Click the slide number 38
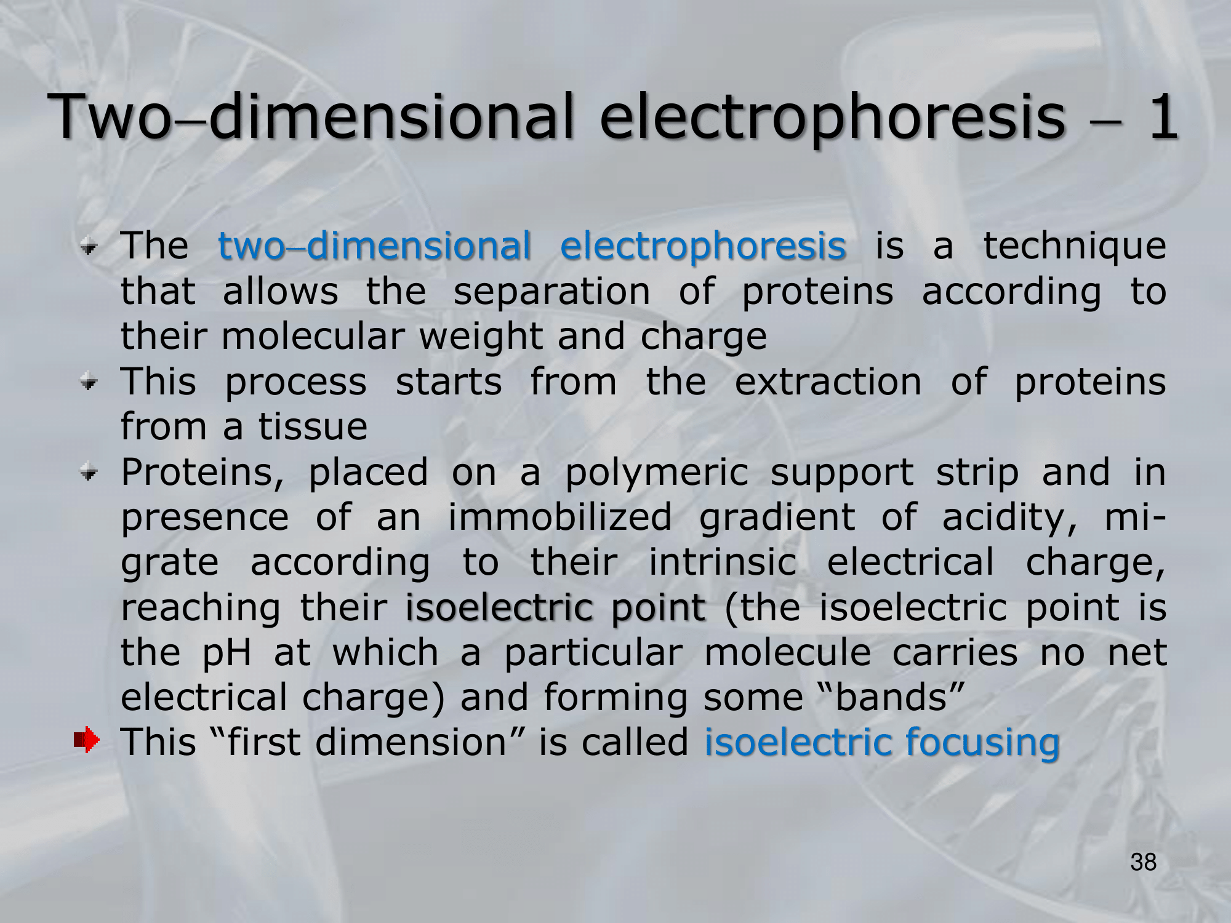coord(1144,862)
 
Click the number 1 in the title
coord(1161,116)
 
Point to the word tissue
coord(313,426)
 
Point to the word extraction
coord(828,382)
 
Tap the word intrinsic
coord(723,562)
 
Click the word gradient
coord(777,519)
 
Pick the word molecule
coord(787,652)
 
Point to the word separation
coord(551,292)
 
